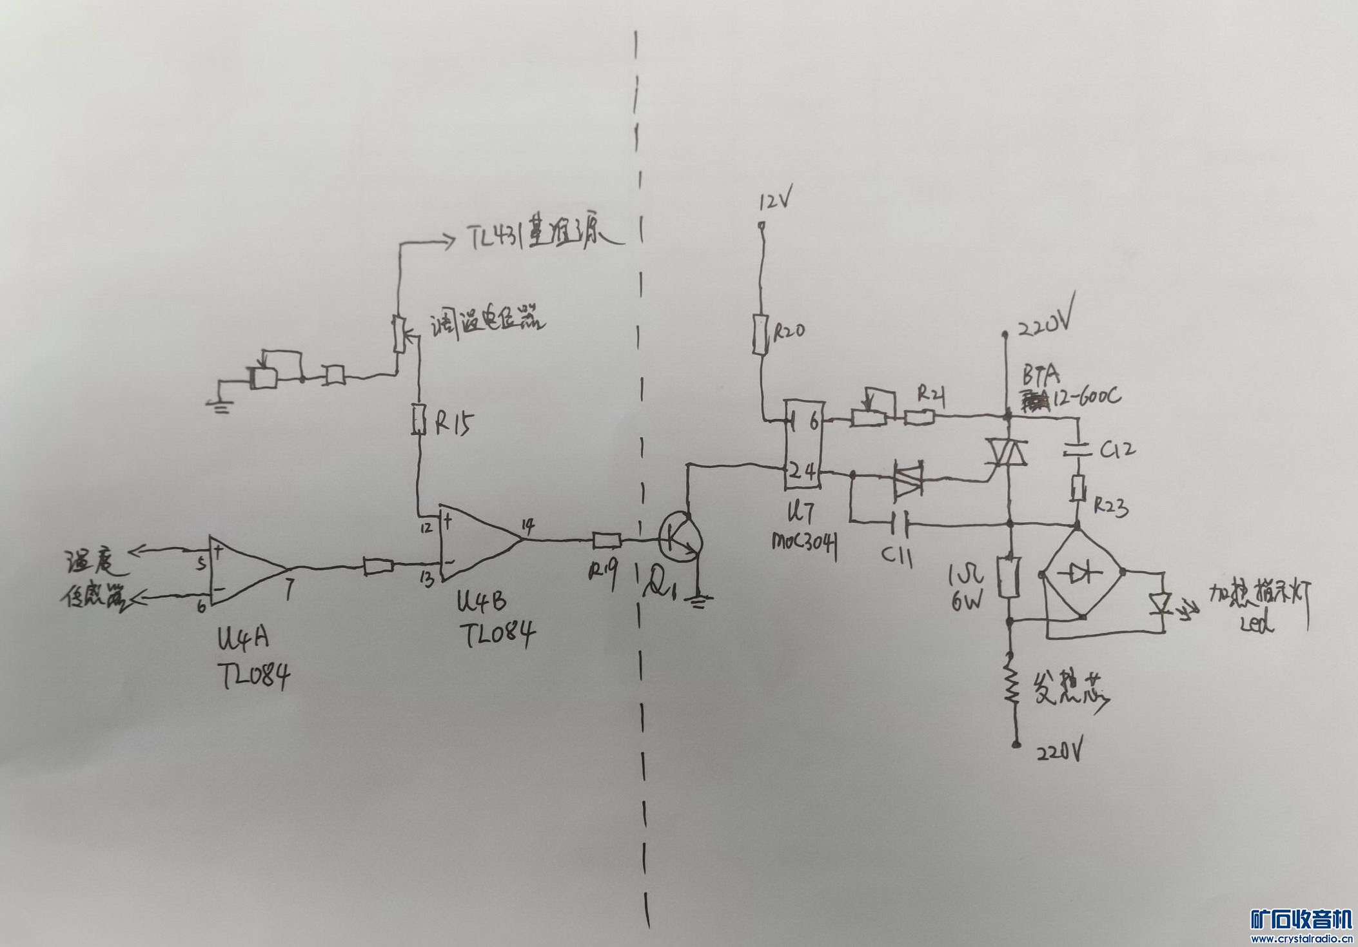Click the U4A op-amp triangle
pos(245,570)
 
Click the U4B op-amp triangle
pos(477,543)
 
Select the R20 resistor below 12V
pos(761,335)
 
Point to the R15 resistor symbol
pos(419,419)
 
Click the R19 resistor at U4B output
pos(606,540)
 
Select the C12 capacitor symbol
pos(1078,449)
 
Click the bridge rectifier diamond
pos(1081,572)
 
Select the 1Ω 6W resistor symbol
pos(1008,577)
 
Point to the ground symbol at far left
pos(220,405)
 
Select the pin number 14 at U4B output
pos(528,527)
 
